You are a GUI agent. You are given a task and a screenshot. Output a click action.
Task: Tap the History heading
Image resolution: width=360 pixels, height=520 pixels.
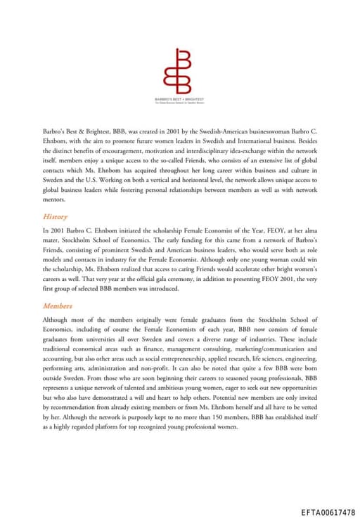tap(55, 216)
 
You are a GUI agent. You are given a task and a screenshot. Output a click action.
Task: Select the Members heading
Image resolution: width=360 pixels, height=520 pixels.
tap(57, 306)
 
